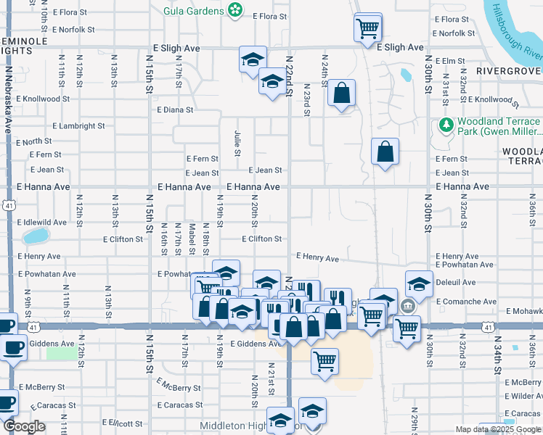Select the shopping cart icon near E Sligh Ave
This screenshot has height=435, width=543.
pos(367,28)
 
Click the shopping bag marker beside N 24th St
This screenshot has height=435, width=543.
pos(340,94)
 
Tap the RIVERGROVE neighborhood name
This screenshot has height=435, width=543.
pos(509,70)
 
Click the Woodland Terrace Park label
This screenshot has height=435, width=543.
pos(499,127)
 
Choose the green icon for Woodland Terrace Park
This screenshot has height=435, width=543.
pos(445,126)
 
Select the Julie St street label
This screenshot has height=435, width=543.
pos(237,143)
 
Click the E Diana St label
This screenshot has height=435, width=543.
pos(175,110)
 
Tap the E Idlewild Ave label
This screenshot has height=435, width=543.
pos(41,222)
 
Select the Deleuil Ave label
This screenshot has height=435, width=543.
pos(455,283)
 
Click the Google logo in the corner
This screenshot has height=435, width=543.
pos(24,426)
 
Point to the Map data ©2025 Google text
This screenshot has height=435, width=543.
pos(498,430)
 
